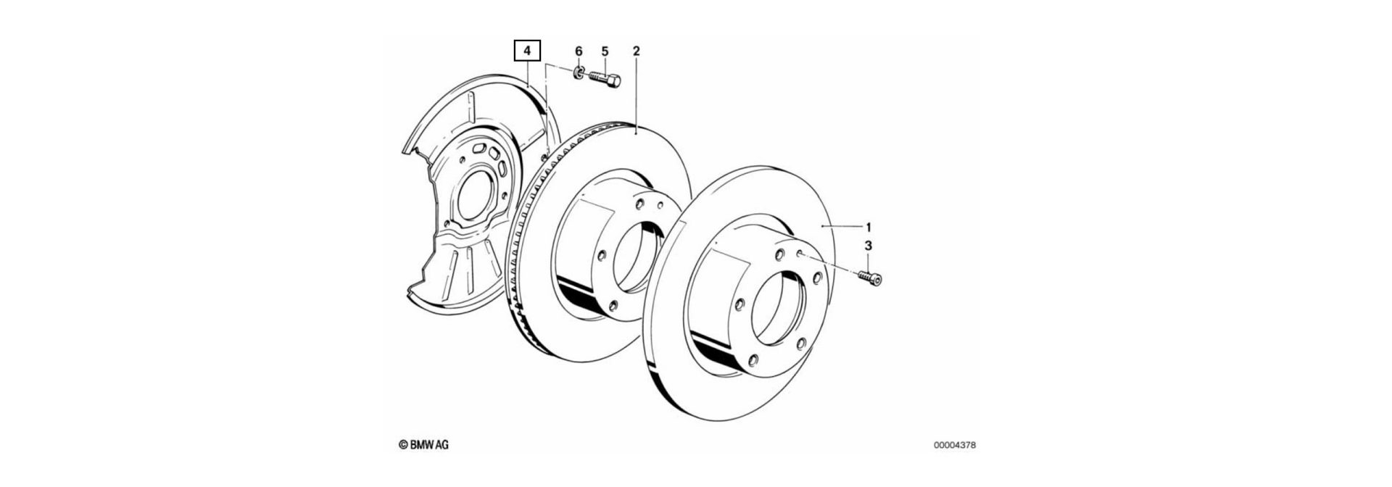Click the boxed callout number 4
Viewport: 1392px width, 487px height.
click(x=527, y=51)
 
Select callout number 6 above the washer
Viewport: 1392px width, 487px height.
click(x=579, y=51)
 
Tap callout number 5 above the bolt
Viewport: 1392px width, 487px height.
click(x=605, y=51)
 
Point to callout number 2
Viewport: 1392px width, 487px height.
click(x=636, y=51)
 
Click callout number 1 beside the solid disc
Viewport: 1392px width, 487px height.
click(x=869, y=226)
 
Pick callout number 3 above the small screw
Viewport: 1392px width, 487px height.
click(x=869, y=247)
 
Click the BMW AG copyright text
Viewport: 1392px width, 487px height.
click(x=423, y=445)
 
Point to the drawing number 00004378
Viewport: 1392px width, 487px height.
click(x=959, y=446)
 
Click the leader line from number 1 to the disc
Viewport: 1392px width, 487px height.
click(x=841, y=227)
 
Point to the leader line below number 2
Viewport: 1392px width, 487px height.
click(x=636, y=94)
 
